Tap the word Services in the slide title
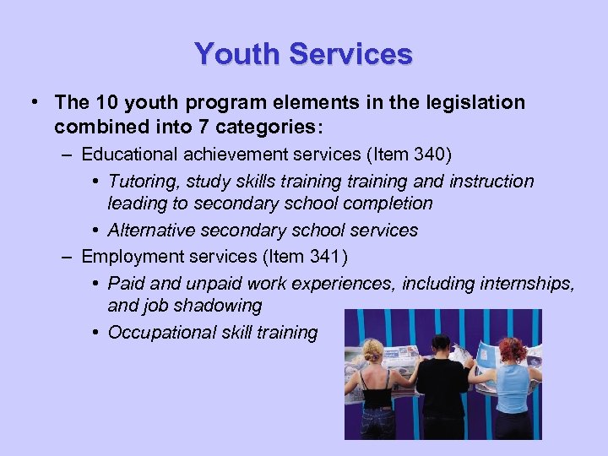(x=350, y=54)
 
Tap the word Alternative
(x=151, y=231)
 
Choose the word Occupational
(x=157, y=333)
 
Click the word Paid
(x=125, y=282)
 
